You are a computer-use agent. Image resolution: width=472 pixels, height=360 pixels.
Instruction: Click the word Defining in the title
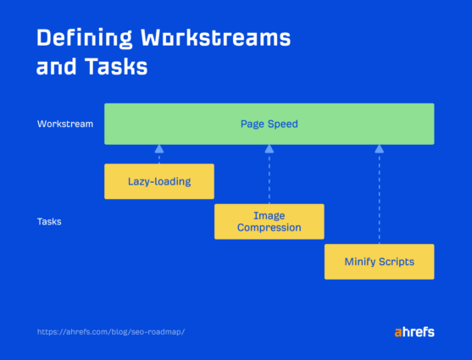84,39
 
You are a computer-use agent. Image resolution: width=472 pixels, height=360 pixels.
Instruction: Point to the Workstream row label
65,124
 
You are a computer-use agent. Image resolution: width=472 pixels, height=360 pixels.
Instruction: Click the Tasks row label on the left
49,222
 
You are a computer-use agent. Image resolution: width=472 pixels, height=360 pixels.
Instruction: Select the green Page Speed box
269,124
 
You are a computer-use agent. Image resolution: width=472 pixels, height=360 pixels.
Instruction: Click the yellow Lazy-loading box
159,181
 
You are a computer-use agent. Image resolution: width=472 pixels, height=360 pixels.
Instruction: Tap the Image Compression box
269,222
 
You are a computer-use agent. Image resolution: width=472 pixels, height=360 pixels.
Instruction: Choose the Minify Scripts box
379,262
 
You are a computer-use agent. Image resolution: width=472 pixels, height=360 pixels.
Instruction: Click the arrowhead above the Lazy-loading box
158,149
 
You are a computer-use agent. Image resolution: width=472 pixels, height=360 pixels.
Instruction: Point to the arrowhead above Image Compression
269,149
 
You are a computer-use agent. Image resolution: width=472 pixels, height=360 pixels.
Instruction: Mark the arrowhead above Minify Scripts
379,149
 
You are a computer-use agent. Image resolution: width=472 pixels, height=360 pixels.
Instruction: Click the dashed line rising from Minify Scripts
379,199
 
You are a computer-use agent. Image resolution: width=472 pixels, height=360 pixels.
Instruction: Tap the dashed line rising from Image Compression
269,178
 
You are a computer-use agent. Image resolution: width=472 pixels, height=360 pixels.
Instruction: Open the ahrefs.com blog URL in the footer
111,331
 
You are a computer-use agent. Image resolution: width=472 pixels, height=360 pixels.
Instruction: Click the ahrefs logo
414,331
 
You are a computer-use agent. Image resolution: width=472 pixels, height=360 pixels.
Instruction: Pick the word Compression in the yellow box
269,228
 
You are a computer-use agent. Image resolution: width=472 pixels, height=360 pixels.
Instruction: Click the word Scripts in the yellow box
395,262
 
